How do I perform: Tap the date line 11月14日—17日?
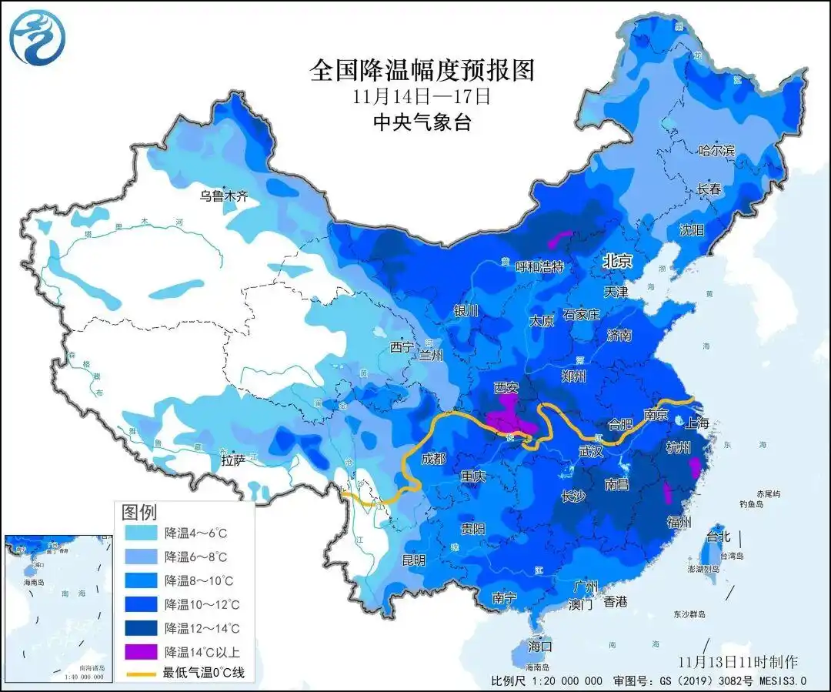pos(421,97)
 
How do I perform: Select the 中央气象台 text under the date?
pos(421,122)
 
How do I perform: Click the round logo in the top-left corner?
pos(36,36)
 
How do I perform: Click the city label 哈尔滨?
pos(716,151)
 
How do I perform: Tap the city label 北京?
pos(617,262)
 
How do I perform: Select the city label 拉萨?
pos(232,460)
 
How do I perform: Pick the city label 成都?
pos(433,459)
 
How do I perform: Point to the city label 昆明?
pos(413,560)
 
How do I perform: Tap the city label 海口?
pos(540,646)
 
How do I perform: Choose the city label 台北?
pos(717,537)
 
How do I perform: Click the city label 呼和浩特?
pos(539,267)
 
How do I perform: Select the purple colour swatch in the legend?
pos(141,651)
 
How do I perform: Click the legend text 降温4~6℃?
pos(196,533)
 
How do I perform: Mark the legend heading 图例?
pos(139,512)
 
